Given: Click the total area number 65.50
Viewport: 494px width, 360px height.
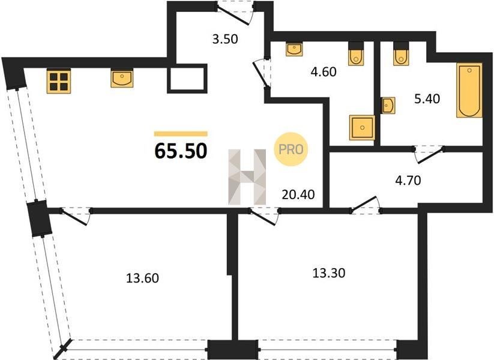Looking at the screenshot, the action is pyautogui.click(x=181, y=151).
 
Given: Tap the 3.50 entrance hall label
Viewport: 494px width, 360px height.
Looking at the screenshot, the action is pyautogui.click(x=225, y=39).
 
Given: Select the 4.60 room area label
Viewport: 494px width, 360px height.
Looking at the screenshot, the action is pyautogui.click(x=324, y=72).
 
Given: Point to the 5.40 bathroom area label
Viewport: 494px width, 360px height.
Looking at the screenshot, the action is pyautogui.click(x=427, y=98).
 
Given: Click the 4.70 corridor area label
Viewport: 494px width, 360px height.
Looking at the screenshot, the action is pyautogui.click(x=408, y=181).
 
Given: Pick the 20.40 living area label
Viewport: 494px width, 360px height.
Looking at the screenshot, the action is pyautogui.click(x=298, y=194).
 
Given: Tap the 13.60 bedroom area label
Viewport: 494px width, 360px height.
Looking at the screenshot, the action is pyautogui.click(x=142, y=278).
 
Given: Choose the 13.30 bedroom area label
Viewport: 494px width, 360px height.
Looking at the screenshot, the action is pyautogui.click(x=329, y=272).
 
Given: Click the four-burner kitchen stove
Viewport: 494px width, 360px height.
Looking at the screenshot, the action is pyautogui.click(x=59, y=81).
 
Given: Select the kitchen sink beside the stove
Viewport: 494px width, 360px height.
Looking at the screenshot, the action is pyautogui.click(x=122, y=79).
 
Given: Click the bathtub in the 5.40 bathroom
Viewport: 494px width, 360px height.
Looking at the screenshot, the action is pyautogui.click(x=469, y=90).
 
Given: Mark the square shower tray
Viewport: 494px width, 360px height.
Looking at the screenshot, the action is pyautogui.click(x=362, y=128).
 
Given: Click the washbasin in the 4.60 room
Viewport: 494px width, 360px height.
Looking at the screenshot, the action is pyautogui.click(x=294, y=49).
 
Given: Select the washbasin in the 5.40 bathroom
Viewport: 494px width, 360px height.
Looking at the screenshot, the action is pyautogui.click(x=388, y=105).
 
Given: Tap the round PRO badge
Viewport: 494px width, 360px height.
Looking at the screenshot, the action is pyautogui.click(x=291, y=149).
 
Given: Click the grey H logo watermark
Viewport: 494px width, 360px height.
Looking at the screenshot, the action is pyautogui.click(x=247, y=177).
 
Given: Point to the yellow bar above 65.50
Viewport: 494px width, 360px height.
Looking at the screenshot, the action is pyautogui.click(x=181, y=134).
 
